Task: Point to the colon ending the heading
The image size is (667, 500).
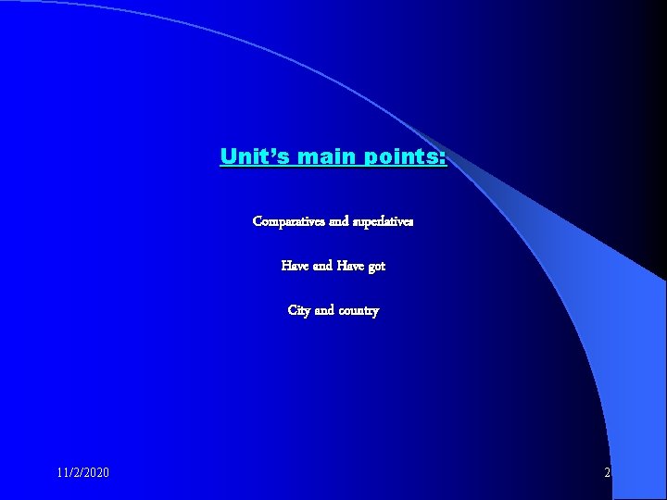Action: click(443, 157)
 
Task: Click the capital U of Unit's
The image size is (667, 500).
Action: click(228, 156)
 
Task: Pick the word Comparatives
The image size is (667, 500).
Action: click(289, 222)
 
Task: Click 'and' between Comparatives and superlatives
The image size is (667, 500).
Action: click(339, 222)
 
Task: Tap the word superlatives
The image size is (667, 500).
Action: click(384, 222)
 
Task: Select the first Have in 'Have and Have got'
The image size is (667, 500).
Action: click(296, 266)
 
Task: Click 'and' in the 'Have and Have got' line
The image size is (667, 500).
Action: click(323, 266)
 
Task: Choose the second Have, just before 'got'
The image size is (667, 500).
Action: click(351, 266)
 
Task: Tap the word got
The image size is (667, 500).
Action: click(377, 267)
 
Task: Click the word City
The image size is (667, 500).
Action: click(299, 311)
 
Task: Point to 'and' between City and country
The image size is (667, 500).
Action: click(324, 311)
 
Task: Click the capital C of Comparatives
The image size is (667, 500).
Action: click(258, 222)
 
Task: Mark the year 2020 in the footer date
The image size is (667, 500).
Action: click(94, 473)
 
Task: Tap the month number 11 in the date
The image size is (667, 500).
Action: click(62, 473)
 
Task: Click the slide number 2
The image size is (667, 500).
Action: click(607, 473)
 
